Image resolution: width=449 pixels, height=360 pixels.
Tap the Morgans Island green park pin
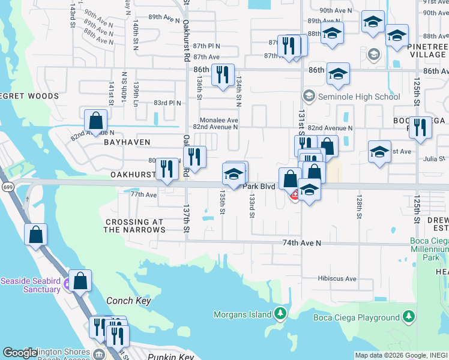[x=280, y=313]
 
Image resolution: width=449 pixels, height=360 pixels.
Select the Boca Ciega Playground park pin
[x=409, y=316]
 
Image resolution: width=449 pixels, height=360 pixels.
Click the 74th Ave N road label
[x=303, y=243]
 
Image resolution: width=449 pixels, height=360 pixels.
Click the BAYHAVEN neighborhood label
[x=126, y=142]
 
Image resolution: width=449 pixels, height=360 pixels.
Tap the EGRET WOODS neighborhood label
[x=29, y=96]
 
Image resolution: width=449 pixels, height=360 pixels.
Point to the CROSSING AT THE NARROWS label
[x=134, y=226]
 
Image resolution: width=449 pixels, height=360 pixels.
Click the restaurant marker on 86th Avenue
[x=223, y=74]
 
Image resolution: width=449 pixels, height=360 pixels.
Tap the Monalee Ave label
[x=219, y=120]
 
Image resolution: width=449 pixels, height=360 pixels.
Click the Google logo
[x=20, y=353]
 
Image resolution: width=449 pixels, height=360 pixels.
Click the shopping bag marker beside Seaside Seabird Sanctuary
[x=80, y=280]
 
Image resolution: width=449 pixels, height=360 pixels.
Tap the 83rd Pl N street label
[x=167, y=103]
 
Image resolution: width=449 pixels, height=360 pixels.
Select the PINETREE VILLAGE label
[x=427, y=50]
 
